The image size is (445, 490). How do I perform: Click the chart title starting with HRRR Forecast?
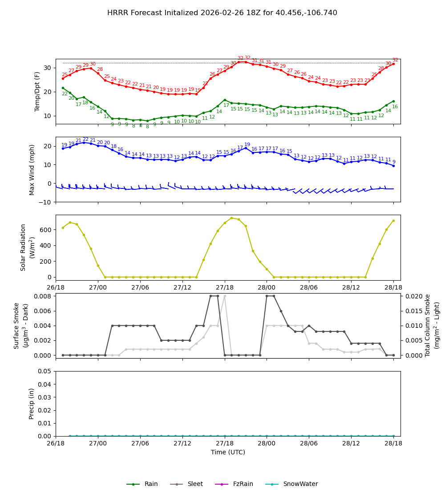point(222,13)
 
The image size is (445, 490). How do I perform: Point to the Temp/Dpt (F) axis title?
point(38,91)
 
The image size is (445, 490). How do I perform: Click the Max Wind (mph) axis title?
point(32,169)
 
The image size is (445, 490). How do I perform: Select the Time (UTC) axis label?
point(228,452)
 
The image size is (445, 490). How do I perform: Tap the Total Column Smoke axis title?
point(428,325)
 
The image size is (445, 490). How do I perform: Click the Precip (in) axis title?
point(32,404)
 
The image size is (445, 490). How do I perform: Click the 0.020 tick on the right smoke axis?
point(412,296)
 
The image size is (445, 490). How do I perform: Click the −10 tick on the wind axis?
point(45,202)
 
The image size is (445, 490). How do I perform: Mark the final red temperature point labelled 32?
point(393,64)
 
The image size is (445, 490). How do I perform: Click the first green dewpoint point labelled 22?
point(63,88)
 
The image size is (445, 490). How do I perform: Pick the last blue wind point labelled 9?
point(393,166)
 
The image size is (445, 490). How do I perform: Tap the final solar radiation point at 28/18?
point(393,220)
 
